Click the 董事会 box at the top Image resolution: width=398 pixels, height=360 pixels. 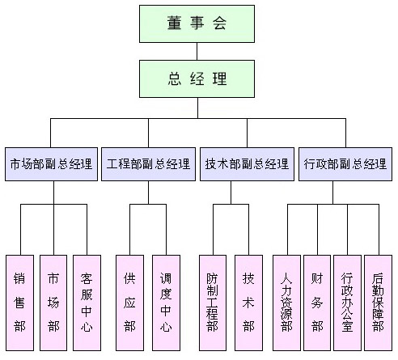(197, 23)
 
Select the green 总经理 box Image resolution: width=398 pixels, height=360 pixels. (197, 78)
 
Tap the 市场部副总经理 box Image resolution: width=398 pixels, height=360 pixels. (51, 164)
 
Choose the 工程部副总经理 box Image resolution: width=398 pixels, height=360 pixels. (148, 164)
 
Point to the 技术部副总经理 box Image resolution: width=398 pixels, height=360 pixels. (247, 164)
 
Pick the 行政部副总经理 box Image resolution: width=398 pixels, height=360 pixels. (345, 164)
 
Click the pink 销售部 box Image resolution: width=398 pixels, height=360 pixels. (19, 303)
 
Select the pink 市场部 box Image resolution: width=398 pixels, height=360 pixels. (53, 303)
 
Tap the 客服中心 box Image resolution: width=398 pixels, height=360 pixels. (87, 303)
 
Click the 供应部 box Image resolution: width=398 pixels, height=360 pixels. (129, 303)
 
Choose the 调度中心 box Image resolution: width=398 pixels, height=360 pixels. (166, 303)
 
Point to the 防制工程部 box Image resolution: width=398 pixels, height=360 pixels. (213, 303)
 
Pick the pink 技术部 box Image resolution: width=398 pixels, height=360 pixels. (248, 303)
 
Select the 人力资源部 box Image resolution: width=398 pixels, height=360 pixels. (286, 303)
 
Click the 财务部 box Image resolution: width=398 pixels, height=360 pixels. (317, 303)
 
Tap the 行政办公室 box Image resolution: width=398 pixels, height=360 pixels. (347, 303)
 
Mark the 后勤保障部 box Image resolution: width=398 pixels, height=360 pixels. (378, 303)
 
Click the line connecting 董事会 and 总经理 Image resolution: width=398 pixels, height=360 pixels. (197, 52)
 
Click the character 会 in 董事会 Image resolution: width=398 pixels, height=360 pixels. (219, 23)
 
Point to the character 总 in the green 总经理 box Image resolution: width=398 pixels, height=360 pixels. (175, 78)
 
